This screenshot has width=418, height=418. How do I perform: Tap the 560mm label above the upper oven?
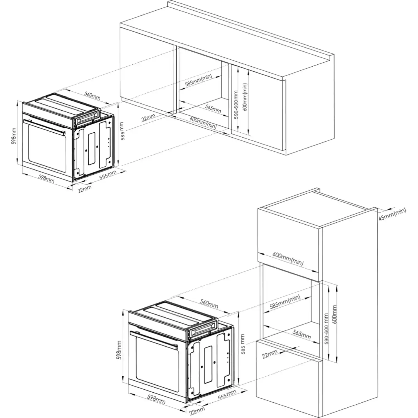point(92,96)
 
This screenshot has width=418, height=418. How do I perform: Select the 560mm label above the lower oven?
point(209,304)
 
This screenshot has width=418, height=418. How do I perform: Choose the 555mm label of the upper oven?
point(108,176)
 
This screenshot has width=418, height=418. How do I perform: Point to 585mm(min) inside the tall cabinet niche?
point(285,302)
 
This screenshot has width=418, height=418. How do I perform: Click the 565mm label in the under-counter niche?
point(213,109)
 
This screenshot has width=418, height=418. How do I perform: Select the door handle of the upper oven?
point(45,127)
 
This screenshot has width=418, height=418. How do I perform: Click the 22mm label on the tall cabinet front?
point(270,354)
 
